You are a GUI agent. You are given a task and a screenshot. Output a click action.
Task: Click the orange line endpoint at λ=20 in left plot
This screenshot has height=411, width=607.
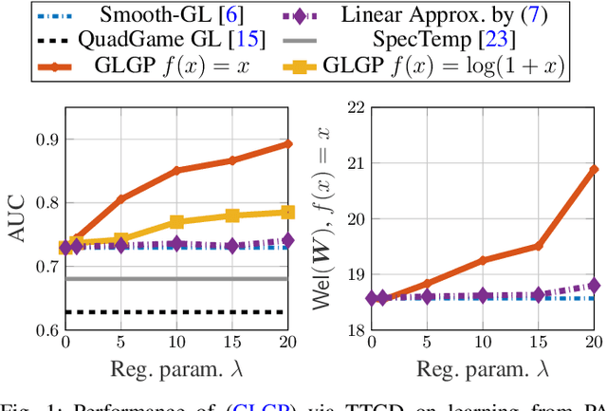tap(287, 143)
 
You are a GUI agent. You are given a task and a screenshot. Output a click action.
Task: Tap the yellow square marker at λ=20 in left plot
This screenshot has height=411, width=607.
tap(287, 212)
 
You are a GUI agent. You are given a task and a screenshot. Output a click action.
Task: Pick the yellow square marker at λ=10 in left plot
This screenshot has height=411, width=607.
tap(176, 222)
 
